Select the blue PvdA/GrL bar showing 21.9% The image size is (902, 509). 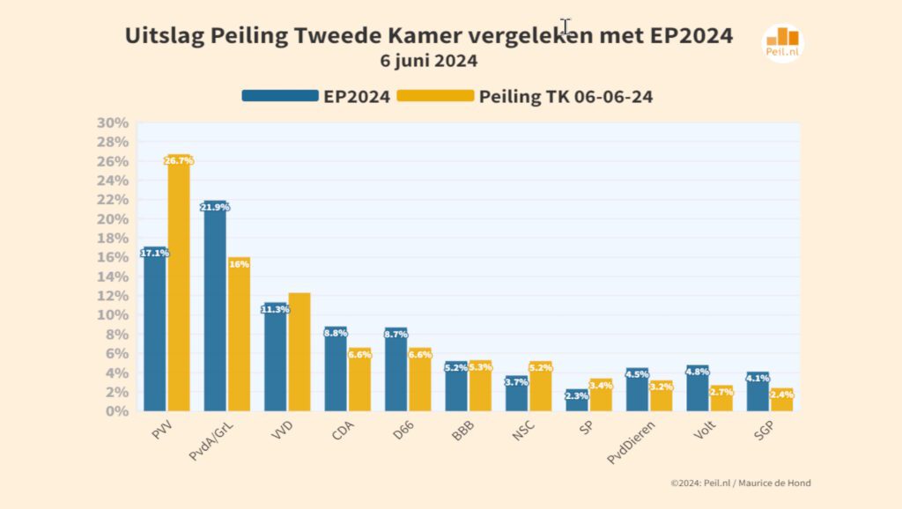[215, 308]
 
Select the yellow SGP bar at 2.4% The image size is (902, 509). [781, 401]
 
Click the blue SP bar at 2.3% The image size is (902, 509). [577, 402]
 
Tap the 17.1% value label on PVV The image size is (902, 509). [154, 253]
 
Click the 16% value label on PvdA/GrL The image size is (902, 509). [239, 262]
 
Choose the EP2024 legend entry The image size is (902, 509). [317, 97]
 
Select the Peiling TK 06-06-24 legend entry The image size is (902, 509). [525, 97]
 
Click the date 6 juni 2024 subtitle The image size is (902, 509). [429, 62]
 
